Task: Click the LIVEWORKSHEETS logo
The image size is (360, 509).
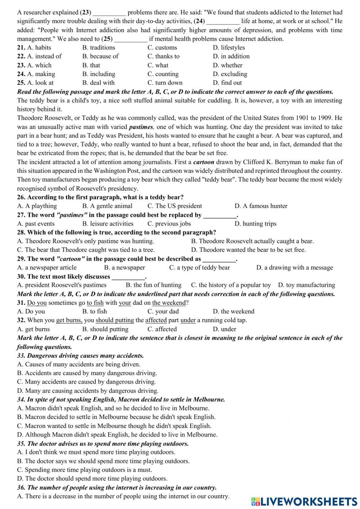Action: pos(304,501)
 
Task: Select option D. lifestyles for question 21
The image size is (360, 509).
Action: pos(229,48)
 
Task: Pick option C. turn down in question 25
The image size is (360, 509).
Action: pos(165,82)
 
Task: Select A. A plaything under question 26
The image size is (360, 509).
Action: pos(37,206)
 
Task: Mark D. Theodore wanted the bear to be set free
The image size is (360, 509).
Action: pos(248,250)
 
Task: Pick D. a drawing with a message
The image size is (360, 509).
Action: pos(294,268)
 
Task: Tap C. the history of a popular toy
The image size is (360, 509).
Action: pos(231,285)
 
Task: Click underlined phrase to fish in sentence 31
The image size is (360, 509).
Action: pos(95,303)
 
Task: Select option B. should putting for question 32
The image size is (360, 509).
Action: pos(105,329)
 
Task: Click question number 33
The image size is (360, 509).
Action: pos(21,356)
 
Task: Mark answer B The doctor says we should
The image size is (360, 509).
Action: pos(103,461)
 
